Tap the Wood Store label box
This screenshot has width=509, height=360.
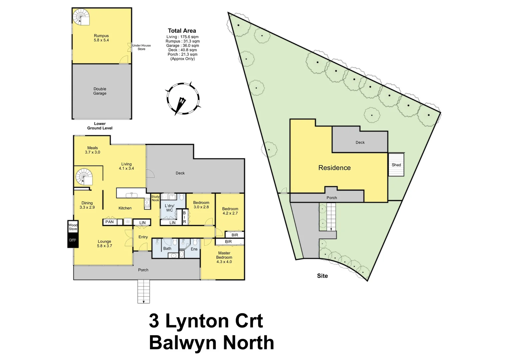tap(73, 227)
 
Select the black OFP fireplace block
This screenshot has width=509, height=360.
tap(73, 240)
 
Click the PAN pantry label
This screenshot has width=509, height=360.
tap(110, 222)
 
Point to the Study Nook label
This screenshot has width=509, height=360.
tap(155, 198)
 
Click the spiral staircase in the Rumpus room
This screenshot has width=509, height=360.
tap(81, 17)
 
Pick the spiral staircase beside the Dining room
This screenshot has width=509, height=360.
tap(84, 177)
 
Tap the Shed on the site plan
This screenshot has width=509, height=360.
tap(396, 165)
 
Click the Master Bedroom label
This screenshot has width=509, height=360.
tap(224, 257)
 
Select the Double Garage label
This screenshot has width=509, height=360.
tap(100, 91)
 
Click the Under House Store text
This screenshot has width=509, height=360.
tap(141, 47)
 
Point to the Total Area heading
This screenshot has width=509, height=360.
tap(182, 31)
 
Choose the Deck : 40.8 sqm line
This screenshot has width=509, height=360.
tap(183, 50)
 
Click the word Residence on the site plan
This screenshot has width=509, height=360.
tap(334, 168)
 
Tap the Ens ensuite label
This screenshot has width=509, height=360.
tap(194, 249)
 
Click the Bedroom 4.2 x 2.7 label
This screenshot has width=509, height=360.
tap(230, 211)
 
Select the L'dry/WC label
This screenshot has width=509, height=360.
tap(170, 208)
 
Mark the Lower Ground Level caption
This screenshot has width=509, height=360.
tap(100, 126)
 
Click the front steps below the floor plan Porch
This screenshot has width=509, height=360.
tap(144, 291)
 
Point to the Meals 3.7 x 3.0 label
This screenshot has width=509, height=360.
tap(93, 150)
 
